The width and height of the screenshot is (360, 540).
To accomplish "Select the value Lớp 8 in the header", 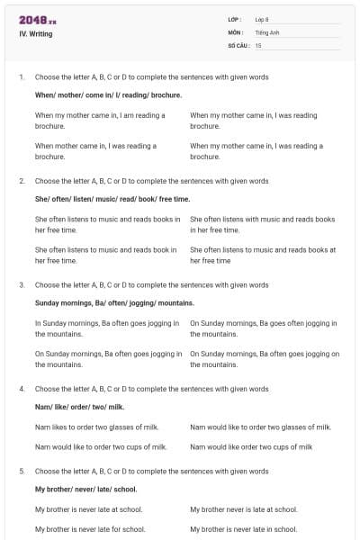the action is [262, 19].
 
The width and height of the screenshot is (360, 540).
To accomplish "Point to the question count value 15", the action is [258, 44].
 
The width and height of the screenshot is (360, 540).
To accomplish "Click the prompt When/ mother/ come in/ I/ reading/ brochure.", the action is [108, 94].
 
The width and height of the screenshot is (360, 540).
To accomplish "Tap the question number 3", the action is [22, 284].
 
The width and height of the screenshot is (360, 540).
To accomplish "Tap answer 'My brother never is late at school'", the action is [243, 509].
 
